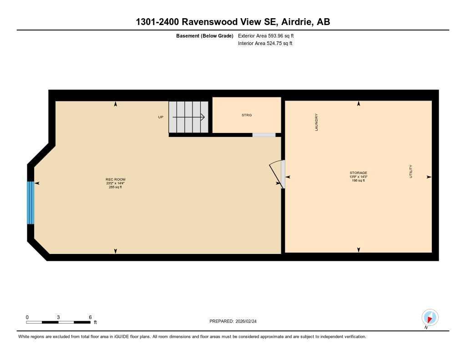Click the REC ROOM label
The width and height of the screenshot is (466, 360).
point(115,179)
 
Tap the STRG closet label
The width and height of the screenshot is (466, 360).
point(247,115)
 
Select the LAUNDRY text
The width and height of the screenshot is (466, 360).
point(316,122)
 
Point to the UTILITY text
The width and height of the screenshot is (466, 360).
point(410,171)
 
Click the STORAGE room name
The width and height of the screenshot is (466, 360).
point(358,173)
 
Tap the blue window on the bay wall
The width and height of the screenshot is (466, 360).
point(30,203)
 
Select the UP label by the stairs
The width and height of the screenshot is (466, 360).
point(160,117)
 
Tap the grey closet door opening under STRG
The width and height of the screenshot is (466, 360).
point(264,135)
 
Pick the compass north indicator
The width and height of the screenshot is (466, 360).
point(430,317)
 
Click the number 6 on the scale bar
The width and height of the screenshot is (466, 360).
point(90,317)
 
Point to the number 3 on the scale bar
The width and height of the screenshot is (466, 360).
point(58,317)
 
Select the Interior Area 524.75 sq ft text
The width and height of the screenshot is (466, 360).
point(265,43)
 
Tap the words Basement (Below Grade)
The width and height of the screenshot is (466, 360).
point(205,35)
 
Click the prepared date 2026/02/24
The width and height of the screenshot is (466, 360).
point(249,321)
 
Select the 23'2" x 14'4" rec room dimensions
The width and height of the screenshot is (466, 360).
point(115,183)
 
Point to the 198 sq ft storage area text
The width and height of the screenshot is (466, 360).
point(358,181)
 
